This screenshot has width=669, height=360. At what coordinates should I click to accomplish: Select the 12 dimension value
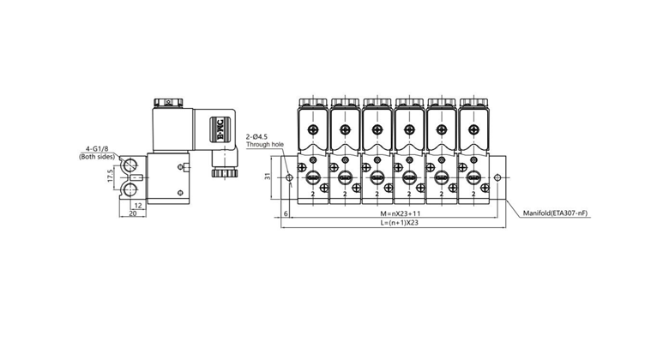tap(137, 206)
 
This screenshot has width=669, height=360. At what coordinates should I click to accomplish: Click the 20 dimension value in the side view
tap(133, 214)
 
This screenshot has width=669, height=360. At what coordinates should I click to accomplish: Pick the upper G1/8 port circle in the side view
tap(131, 165)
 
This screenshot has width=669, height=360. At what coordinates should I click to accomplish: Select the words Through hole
tap(263, 146)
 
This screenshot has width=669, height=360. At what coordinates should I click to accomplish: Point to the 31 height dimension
tap(269, 177)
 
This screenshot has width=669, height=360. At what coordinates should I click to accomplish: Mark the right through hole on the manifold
tap(499, 178)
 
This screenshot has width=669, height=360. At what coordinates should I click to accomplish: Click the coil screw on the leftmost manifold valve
tap(312, 130)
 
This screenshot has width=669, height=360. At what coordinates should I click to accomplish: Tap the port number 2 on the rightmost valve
tap(473, 195)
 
